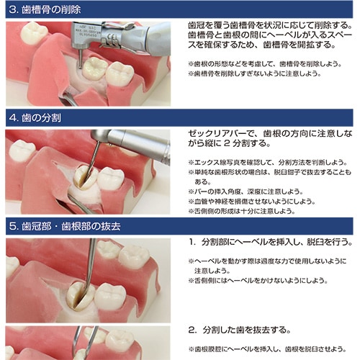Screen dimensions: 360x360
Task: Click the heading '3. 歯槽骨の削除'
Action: coord(45,10)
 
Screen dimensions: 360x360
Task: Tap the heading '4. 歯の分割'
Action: coord(35,118)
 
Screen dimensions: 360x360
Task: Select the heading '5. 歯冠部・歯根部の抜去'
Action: coord(65,226)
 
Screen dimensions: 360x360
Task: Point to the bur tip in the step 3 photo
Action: coord(80,68)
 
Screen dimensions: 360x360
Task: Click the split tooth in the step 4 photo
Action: coord(84,177)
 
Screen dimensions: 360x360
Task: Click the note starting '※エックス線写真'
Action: coord(268,163)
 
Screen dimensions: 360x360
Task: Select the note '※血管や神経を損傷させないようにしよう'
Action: coord(252,202)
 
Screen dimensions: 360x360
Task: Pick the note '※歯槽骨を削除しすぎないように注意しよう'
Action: coord(255,73)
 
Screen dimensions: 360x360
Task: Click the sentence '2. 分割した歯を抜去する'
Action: coord(240,330)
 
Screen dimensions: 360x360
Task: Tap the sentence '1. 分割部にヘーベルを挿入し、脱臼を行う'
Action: coord(271,242)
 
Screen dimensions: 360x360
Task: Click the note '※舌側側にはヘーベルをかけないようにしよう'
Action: coord(258,281)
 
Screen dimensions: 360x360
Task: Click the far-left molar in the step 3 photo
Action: coord(33,33)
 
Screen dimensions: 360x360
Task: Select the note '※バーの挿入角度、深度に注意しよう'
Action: coord(246,192)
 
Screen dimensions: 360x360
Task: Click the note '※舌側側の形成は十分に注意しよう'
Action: coord(242,211)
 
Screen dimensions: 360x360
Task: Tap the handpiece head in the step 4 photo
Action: coord(101,136)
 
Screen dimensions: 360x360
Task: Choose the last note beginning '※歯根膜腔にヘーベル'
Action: coord(267,349)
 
